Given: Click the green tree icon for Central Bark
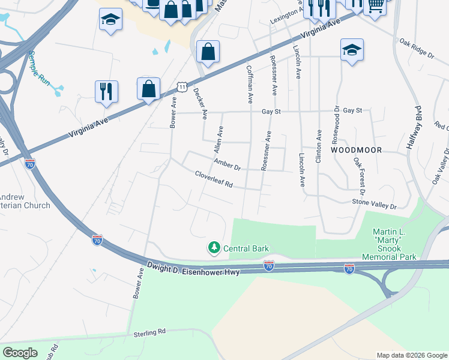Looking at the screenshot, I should (214, 247).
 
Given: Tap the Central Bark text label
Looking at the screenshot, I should (246, 248).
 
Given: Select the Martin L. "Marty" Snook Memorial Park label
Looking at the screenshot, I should (389, 244).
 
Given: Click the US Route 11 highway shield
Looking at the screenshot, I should (182, 88).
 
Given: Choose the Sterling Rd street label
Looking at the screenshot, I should (149, 332).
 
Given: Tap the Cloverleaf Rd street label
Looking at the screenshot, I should (213, 179).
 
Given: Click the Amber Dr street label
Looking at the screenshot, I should (227, 164).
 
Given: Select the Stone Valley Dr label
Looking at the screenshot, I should (375, 206).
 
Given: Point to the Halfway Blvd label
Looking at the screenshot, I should (418, 127).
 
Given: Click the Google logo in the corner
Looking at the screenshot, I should (20, 353).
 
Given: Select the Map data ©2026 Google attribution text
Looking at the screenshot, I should (412, 355).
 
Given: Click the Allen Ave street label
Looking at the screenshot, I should (217, 139).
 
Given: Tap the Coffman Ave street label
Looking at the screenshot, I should (250, 83).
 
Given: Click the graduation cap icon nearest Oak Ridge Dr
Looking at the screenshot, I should (352, 50).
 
